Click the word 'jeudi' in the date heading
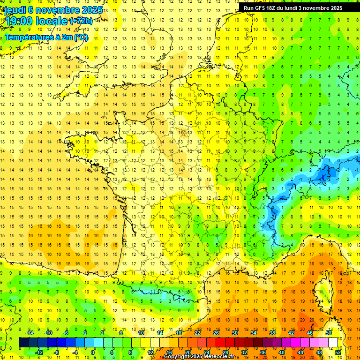pyautogui.click(x=15, y=9)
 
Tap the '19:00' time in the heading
pyautogui.click(x=19, y=21)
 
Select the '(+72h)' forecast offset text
pyautogui.click(x=81, y=21)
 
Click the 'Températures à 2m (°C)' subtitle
pyautogui.click(x=46, y=37)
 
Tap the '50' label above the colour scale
pyautogui.click(x=328, y=333)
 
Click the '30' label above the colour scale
pyautogui.click(x=234, y=333)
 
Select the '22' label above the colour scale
pyautogui.click(x=197, y=333)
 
